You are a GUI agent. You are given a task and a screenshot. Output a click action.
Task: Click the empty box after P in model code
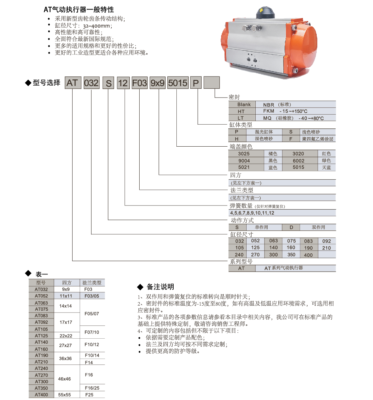click(x=212, y=83)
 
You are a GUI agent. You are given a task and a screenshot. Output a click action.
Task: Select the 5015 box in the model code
click(x=178, y=83)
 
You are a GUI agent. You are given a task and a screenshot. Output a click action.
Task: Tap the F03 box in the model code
click(x=139, y=83)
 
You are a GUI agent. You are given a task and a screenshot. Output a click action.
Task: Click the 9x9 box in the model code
click(x=157, y=83)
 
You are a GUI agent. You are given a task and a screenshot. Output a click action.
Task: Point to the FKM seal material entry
click(x=269, y=111)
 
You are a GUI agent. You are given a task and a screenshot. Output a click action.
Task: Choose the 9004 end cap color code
click(x=244, y=161)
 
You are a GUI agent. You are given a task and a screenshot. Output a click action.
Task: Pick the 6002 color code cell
click(x=298, y=161)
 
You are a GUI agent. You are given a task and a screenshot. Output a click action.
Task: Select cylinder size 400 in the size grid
click(x=308, y=255)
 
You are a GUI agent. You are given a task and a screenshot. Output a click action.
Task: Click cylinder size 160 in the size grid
click(x=291, y=248)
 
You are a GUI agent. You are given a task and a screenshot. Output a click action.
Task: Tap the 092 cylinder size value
click(x=326, y=241)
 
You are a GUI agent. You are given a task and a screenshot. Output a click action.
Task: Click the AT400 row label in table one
click(x=42, y=395)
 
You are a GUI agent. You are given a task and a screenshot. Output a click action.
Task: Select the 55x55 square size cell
click(x=64, y=395)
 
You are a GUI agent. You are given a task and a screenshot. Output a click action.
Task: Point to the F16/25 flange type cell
click(x=92, y=388)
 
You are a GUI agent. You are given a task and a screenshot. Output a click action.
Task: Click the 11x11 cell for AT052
click(x=66, y=296)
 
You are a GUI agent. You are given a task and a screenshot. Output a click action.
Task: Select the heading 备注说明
click(x=160, y=287)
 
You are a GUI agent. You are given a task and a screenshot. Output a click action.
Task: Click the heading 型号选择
click(x=47, y=83)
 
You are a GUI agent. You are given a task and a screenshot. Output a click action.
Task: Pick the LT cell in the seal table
click(x=241, y=118)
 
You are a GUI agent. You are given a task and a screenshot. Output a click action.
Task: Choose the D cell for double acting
click(x=291, y=227)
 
